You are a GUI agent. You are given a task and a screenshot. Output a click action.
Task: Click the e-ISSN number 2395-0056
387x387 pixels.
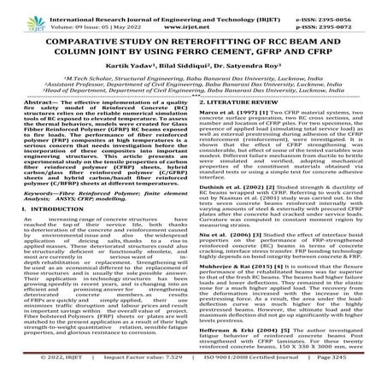point(356,9)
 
